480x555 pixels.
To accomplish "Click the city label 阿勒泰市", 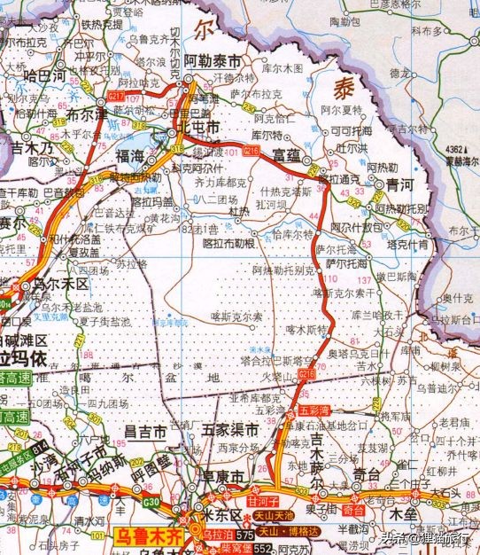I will pos(213,63).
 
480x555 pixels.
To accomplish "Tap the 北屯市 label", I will pos(198,128).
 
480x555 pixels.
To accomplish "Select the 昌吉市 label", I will pos(145,433).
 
